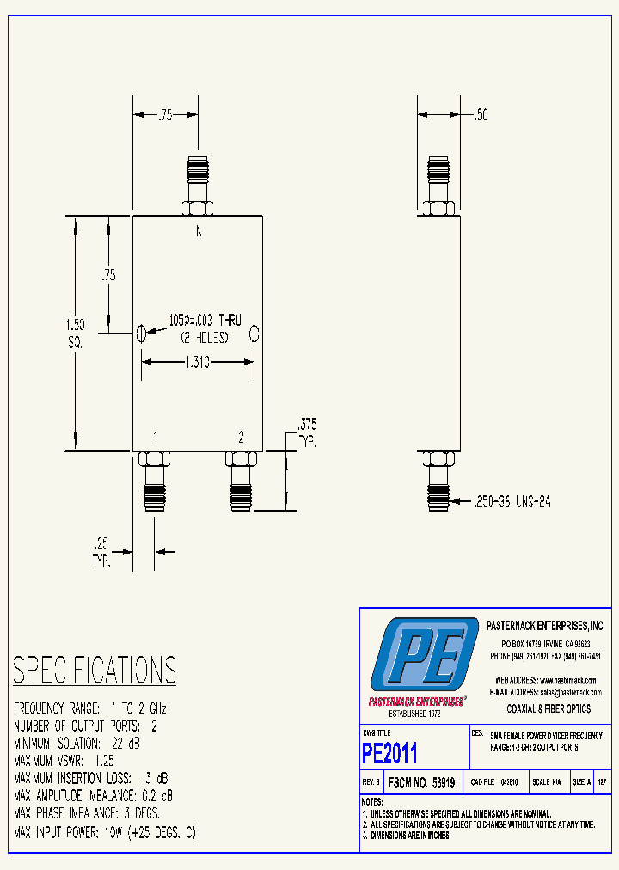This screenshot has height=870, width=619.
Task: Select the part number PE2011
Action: coord(389,754)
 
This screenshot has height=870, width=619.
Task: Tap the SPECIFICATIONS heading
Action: coord(95,670)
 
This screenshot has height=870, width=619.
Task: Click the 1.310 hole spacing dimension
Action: coord(198,363)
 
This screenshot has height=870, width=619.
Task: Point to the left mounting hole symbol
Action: coord(142,333)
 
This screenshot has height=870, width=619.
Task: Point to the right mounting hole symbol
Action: coord(254,333)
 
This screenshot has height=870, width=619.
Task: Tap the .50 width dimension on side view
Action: coord(481,115)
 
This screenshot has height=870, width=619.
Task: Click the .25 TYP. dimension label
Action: coord(102,550)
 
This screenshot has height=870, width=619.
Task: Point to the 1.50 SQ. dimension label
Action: coord(75,333)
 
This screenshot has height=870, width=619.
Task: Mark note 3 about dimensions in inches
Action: coord(408,835)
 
